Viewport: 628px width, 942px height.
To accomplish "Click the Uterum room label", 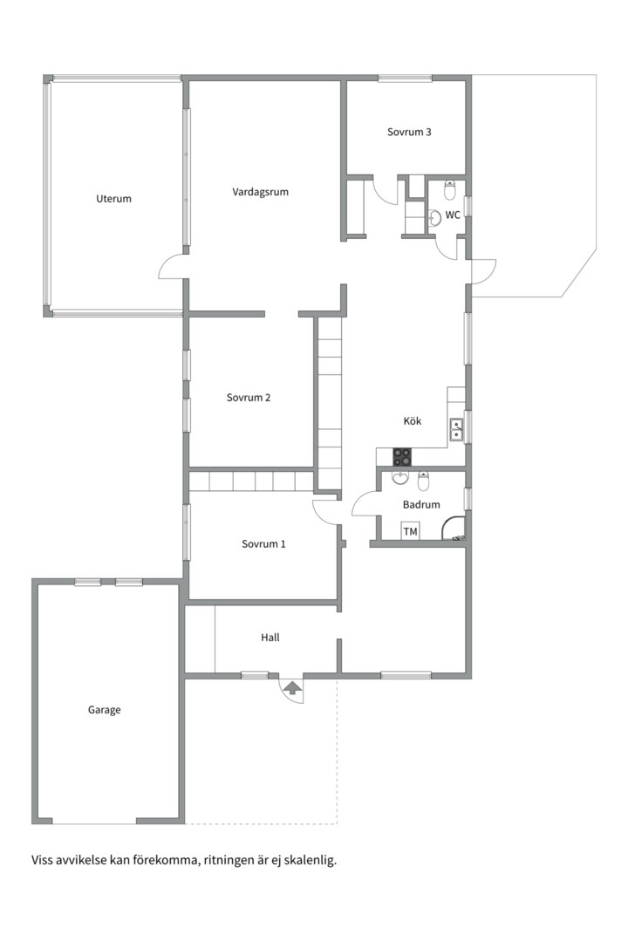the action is pyautogui.click(x=113, y=198).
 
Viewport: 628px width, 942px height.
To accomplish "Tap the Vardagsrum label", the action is pyautogui.click(x=260, y=192).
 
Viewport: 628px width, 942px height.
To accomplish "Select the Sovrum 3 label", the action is pyautogui.click(x=409, y=133).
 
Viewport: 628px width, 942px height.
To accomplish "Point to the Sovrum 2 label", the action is pyautogui.click(x=249, y=398).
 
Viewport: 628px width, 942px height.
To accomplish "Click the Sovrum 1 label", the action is pyautogui.click(x=263, y=544).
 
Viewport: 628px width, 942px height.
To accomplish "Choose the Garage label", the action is pyautogui.click(x=105, y=710).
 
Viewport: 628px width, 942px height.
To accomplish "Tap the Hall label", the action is pyautogui.click(x=270, y=638).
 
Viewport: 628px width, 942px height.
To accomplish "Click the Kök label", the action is pyautogui.click(x=413, y=421).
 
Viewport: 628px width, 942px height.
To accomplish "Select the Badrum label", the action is pyautogui.click(x=421, y=505).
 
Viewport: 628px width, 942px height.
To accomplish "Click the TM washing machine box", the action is pyautogui.click(x=410, y=532).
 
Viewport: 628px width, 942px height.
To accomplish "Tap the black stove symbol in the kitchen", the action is pyautogui.click(x=402, y=457).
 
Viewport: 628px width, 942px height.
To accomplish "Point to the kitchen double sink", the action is pyautogui.click(x=457, y=429).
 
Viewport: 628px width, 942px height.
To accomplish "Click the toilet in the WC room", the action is pyautogui.click(x=450, y=190).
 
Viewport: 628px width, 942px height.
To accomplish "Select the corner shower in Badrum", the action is pyautogui.click(x=454, y=529).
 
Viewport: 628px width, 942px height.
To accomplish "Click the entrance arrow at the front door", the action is pyautogui.click(x=293, y=687).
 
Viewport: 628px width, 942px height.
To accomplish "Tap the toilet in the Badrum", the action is pyautogui.click(x=424, y=481).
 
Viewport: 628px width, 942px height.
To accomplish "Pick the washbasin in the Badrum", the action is pyautogui.click(x=399, y=478).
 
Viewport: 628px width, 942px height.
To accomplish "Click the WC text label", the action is pyautogui.click(x=453, y=215).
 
